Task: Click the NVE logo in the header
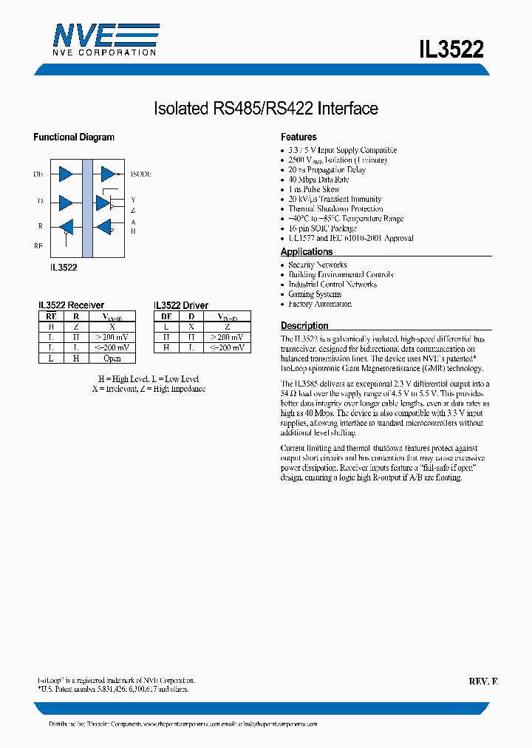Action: (104, 38)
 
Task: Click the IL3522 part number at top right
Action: (451, 50)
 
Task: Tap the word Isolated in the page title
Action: (180, 109)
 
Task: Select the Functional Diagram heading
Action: (74, 137)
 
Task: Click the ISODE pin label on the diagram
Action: (140, 174)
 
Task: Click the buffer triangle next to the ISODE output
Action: (108, 174)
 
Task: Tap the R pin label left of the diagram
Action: (40, 226)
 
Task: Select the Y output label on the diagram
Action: (133, 200)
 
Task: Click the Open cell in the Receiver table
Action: (112, 358)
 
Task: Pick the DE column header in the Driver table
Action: (167, 316)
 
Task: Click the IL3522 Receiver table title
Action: (71, 305)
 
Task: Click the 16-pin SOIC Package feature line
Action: (322, 228)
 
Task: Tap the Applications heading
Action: (307, 252)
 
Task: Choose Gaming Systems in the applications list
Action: (315, 294)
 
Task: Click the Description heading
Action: (304, 326)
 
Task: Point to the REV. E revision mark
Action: (482, 681)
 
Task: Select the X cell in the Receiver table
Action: (112, 327)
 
